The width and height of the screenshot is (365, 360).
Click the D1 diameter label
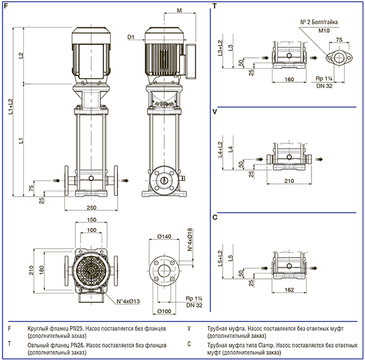tap(131, 37)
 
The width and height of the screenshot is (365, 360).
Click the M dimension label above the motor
tap(179, 10)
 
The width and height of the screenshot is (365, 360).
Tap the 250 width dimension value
tap(91, 208)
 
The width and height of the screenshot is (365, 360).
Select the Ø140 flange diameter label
tap(164, 236)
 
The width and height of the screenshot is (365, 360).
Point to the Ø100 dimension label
tap(164, 311)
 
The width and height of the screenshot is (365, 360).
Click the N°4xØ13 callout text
tap(128, 302)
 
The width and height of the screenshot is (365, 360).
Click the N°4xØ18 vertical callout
tap(190, 239)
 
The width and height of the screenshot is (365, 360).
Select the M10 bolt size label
tap(324, 30)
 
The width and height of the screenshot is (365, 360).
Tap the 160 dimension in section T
tap(290, 79)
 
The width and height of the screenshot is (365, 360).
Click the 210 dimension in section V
tap(289, 181)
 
